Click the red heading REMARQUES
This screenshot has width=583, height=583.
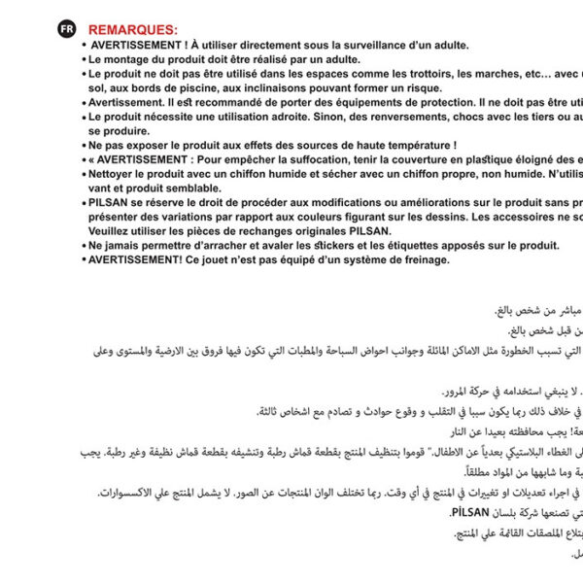coord(132,30)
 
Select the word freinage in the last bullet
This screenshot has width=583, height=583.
coord(422,260)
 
